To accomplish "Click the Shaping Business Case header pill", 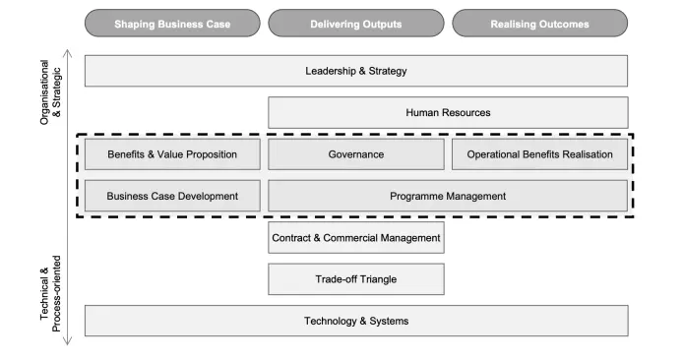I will [173, 24].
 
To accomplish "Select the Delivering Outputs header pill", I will [356, 24].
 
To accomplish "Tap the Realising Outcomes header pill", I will [539, 24].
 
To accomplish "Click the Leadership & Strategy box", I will [356, 71].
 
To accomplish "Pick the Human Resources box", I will [448, 112].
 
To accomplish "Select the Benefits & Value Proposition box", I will [173, 154].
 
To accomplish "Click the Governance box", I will [356, 154].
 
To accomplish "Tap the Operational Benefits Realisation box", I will [539, 154].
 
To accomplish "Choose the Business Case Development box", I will [173, 196].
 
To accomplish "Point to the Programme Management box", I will [448, 196].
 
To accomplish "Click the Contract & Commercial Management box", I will [356, 237].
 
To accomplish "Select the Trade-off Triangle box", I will [356, 279].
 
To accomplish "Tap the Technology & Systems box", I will [356, 321].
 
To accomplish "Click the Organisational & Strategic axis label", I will [48, 97].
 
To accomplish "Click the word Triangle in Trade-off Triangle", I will [377, 279].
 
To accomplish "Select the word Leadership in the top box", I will [331, 71].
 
